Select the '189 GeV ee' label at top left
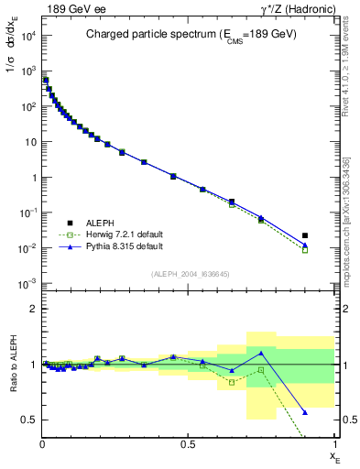point(71,8)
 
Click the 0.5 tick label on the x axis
point(188,444)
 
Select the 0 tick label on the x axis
point(43,444)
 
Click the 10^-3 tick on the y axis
point(27,284)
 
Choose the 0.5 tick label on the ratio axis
point(29,420)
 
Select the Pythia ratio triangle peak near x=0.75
point(261,352)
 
